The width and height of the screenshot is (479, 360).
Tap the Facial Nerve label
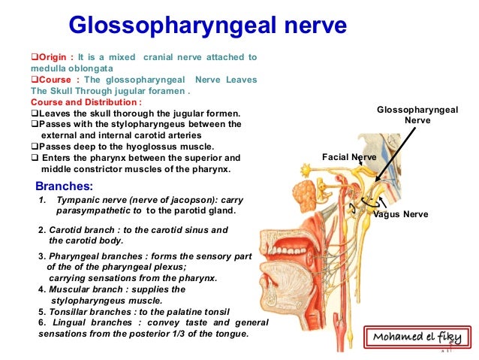(348, 158)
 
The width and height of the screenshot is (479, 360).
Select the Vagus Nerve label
(401, 214)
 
